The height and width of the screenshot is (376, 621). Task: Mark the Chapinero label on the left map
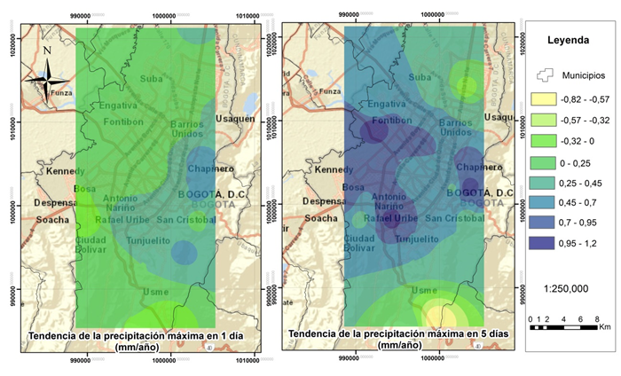click(209, 168)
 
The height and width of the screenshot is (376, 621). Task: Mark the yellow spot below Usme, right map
click(441, 316)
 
